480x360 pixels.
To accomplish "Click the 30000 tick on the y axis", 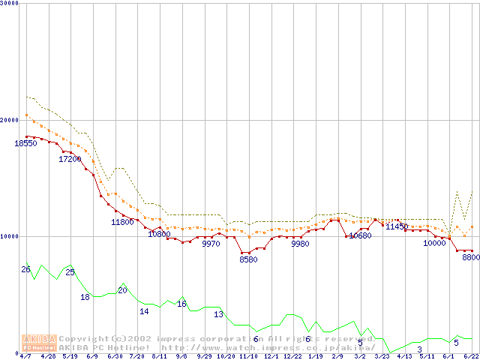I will [10, 3].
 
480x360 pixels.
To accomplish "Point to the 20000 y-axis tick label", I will [10, 120].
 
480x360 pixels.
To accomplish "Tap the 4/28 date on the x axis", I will [48, 356].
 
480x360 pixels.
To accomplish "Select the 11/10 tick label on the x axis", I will [248, 356].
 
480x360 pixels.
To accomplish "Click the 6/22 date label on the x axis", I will [472, 356].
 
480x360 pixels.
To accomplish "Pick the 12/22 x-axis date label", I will [292, 356].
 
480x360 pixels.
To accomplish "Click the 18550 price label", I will [25, 143].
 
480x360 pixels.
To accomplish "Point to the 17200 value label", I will [70, 160].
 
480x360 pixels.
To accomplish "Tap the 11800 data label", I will [122, 222].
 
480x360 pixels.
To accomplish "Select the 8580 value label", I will [248, 259].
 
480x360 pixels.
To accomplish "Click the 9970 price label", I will [211, 244].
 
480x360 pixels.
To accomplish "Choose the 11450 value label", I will [397, 226].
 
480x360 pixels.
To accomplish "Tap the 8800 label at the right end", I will [470, 257].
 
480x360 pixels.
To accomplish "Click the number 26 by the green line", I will [25, 269].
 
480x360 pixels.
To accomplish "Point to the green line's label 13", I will [219, 314].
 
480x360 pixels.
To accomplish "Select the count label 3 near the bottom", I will [419, 349].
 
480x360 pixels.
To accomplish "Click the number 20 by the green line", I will [122, 290].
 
